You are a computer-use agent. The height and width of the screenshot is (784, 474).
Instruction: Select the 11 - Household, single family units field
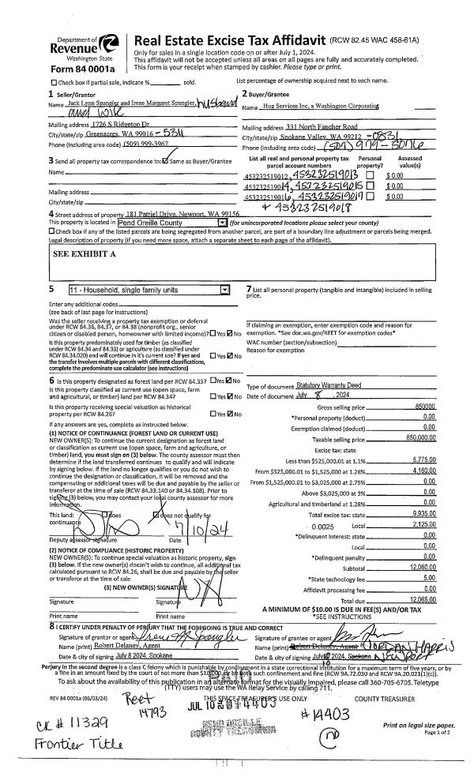click(x=149, y=290)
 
